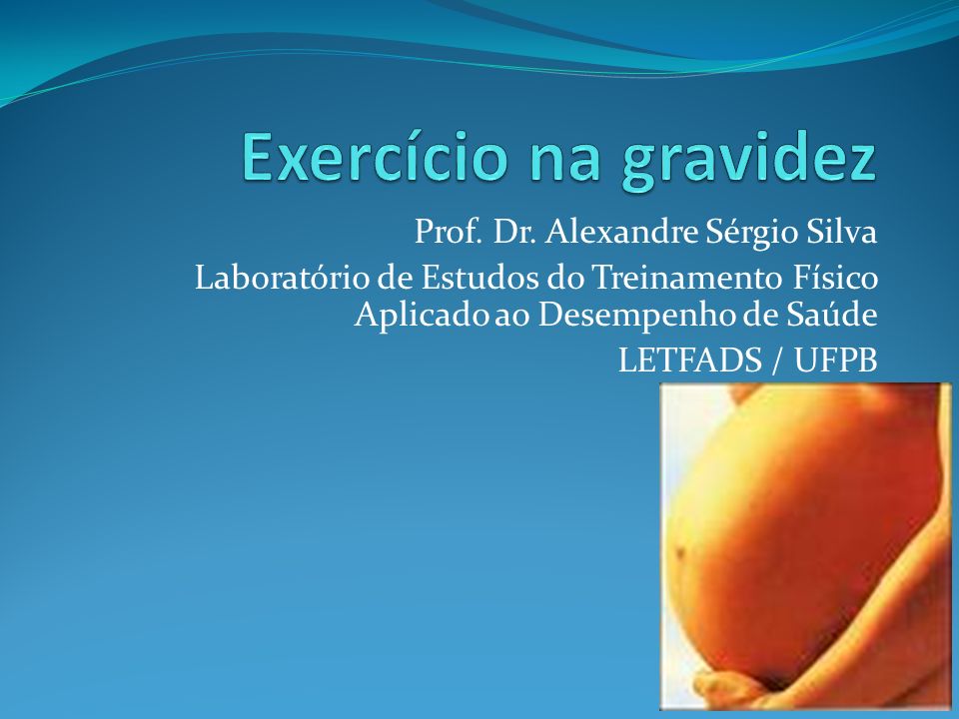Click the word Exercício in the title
click(x=375, y=157)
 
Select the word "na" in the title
click(x=564, y=163)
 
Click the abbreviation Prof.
click(x=448, y=231)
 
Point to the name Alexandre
click(x=620, y=231)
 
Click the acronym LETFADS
click(x=690, y=359)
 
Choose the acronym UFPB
click(x=836, y=359)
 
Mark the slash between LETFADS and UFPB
click(x=777, y=360)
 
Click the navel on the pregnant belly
click(x=680, y=553)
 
